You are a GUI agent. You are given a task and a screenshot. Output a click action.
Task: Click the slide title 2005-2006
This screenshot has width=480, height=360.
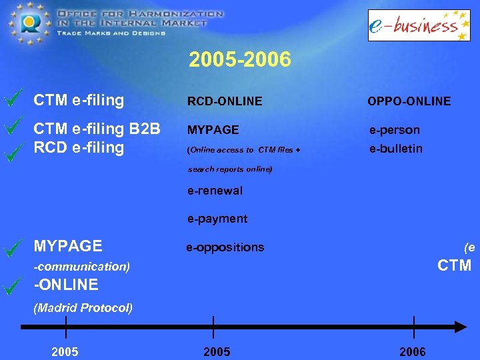tap(240, 60)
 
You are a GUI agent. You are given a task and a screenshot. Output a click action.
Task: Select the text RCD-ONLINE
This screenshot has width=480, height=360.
tap(225, 101)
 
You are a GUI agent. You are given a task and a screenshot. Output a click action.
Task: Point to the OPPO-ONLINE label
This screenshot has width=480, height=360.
tap(409, 101)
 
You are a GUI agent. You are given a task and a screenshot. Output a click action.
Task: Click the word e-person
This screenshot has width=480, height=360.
tap(395, 130)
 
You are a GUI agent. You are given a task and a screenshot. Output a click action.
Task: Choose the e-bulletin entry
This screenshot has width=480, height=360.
tap(396, 148)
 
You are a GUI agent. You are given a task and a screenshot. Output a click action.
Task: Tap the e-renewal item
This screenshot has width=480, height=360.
tap(215, 191)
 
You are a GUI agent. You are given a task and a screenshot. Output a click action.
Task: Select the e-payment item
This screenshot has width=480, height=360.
tap(217, 219)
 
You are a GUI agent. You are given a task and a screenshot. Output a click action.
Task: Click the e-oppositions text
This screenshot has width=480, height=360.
tap(225, 247)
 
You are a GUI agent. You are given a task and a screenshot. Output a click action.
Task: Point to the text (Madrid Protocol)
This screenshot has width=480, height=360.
tap(83, 307)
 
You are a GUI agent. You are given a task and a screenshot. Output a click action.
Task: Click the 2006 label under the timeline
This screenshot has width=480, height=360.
tap(412, 351)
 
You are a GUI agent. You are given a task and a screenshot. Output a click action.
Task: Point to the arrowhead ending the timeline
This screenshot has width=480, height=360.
tap(461, 327)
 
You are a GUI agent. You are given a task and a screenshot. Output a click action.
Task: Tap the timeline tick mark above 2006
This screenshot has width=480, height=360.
tap(414, 327)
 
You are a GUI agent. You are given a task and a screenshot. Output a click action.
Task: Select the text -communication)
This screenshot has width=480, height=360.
tap(81, 267)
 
